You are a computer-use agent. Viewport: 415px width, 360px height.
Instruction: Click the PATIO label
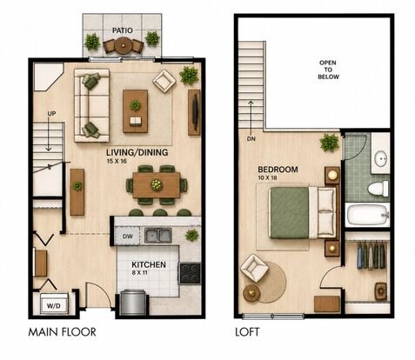point(123,30)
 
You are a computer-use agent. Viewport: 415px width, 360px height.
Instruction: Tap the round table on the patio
point(124,46)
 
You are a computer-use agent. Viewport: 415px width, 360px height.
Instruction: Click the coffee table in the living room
point(135,111)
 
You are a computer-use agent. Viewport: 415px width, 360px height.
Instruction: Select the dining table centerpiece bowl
point(157,185)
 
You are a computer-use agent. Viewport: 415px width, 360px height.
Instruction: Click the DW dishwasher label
point(128,237)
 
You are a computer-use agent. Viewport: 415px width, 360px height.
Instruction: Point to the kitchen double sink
point(158,236)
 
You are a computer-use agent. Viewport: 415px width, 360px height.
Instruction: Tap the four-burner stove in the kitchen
point(190,273)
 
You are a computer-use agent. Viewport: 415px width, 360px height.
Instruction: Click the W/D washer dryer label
point(54,305)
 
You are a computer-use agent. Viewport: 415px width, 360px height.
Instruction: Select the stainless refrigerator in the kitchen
point(132,303)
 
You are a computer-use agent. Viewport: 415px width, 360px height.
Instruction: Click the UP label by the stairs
point(51,114)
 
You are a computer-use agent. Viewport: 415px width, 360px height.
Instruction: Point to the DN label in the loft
point(251,139)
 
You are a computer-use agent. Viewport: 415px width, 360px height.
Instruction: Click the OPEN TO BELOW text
point(328,70)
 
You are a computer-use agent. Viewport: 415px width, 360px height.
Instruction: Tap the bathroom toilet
point(378,189)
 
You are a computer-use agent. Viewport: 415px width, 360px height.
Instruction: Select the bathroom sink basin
point(381,159)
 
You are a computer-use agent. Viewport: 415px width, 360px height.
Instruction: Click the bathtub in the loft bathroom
point(367,215)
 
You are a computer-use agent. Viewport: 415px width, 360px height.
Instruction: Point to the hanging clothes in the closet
point(371,256)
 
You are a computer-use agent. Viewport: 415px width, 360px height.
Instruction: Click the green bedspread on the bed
point(289,213)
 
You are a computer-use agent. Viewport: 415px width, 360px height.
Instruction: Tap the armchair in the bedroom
point(254,268)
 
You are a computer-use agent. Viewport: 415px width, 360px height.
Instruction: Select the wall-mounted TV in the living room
point(196,112)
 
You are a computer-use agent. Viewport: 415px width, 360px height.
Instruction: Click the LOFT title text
point(247,332)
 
